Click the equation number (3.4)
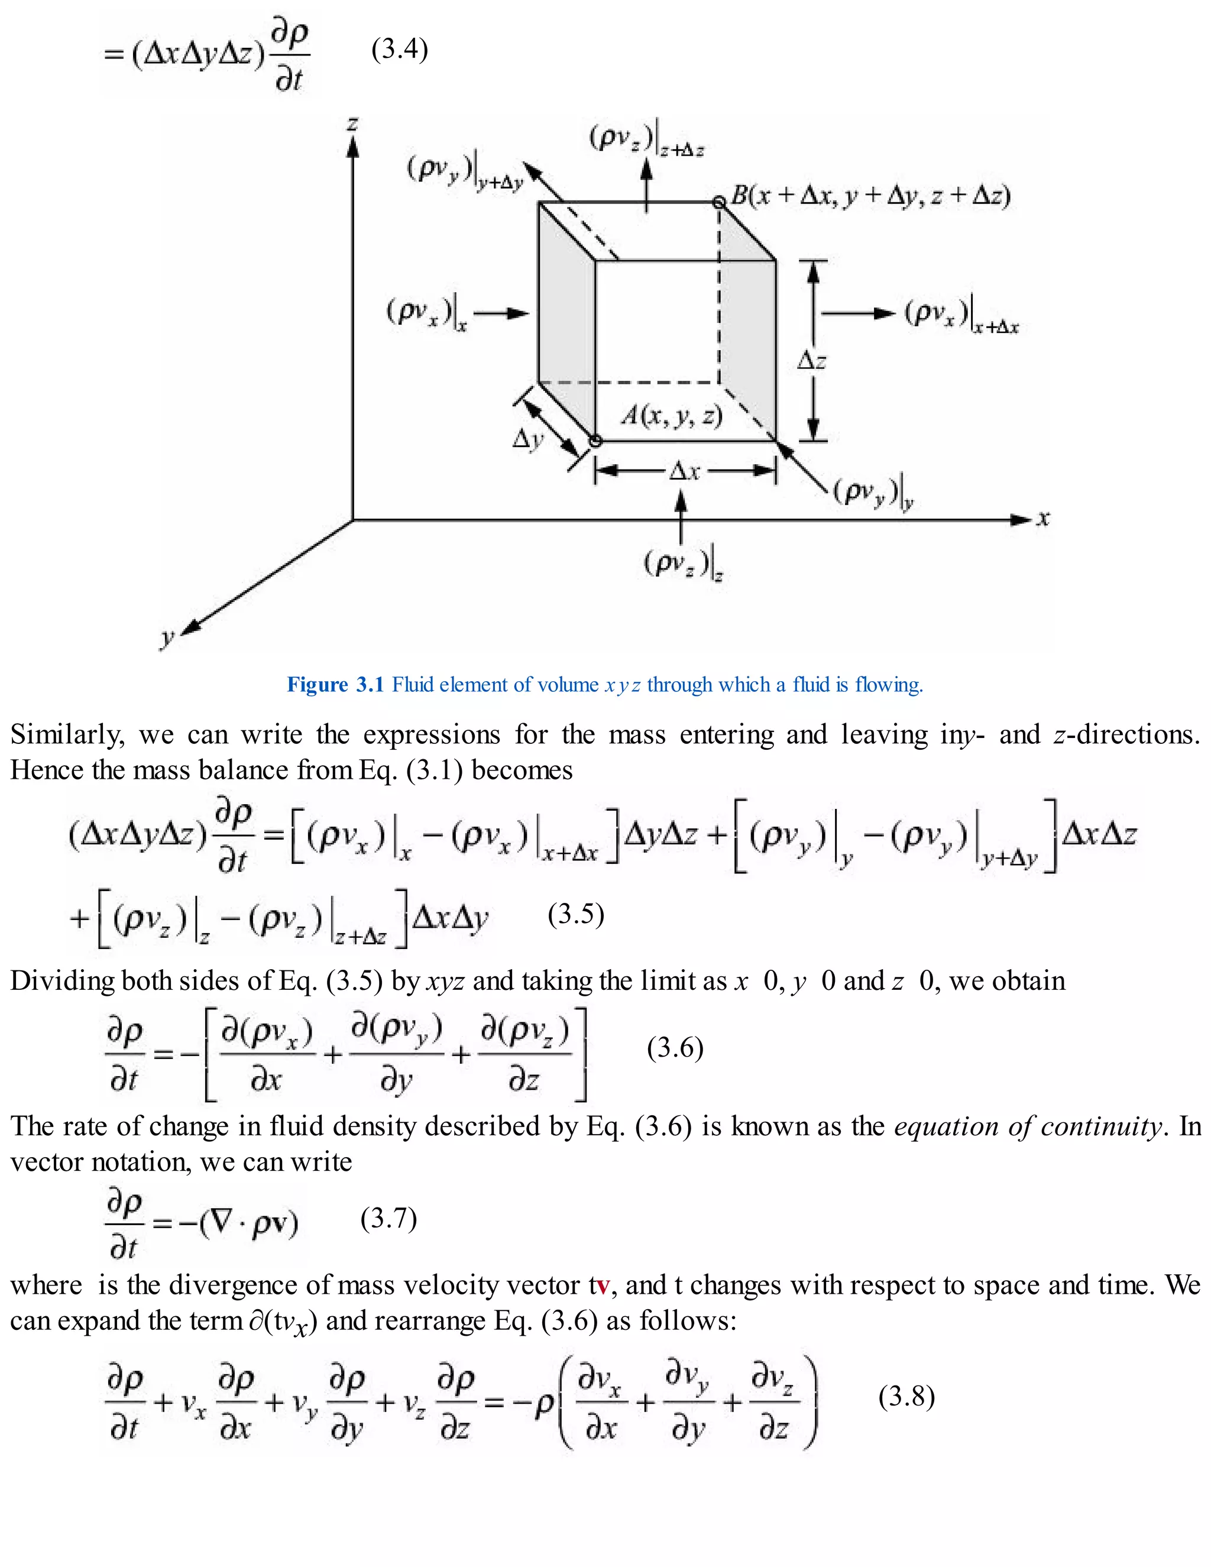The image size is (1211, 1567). click(x=400, y=50)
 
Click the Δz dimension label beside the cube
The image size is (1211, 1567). click(x=811, y=360)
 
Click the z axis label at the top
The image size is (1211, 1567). click(x=352, y=124)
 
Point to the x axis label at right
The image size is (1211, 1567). click(x=1043, y=518)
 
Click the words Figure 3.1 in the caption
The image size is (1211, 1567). click(x=336, y=685)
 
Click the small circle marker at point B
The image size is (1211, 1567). click(x=719, y=202)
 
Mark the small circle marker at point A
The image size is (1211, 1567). click(x=595, y=441)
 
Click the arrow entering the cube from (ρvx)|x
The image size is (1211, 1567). click(x=501, y=313)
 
